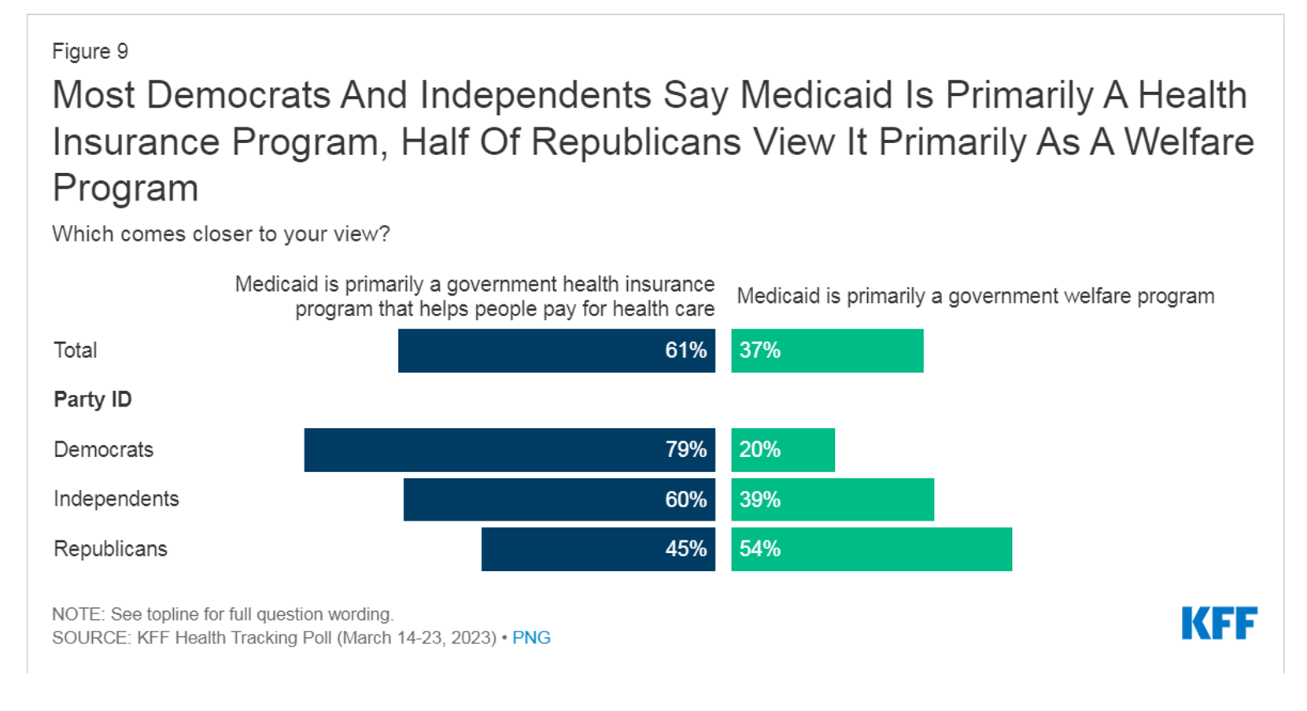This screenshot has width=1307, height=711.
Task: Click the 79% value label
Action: point(686,450)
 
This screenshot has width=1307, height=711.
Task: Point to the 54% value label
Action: point(760,549)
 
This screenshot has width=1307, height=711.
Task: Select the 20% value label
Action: point(760,450)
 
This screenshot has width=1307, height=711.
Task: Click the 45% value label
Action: point(686,549)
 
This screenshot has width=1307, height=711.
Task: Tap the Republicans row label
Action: point(110,549)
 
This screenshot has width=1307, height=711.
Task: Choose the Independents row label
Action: point(116,499)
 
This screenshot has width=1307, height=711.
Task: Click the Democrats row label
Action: point(104,450)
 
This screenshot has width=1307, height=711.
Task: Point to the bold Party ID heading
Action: point(93,400)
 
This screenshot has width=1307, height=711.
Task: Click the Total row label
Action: point(76,351)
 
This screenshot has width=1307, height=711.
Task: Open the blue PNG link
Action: point(531,638)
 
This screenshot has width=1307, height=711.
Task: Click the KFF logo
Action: point(1219,623)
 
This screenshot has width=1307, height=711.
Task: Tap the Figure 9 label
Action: point(90,52)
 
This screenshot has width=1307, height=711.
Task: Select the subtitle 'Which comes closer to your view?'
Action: point(221,234)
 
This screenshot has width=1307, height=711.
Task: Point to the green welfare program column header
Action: point(976,297)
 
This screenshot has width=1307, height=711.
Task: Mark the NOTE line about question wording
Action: point(223,614)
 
